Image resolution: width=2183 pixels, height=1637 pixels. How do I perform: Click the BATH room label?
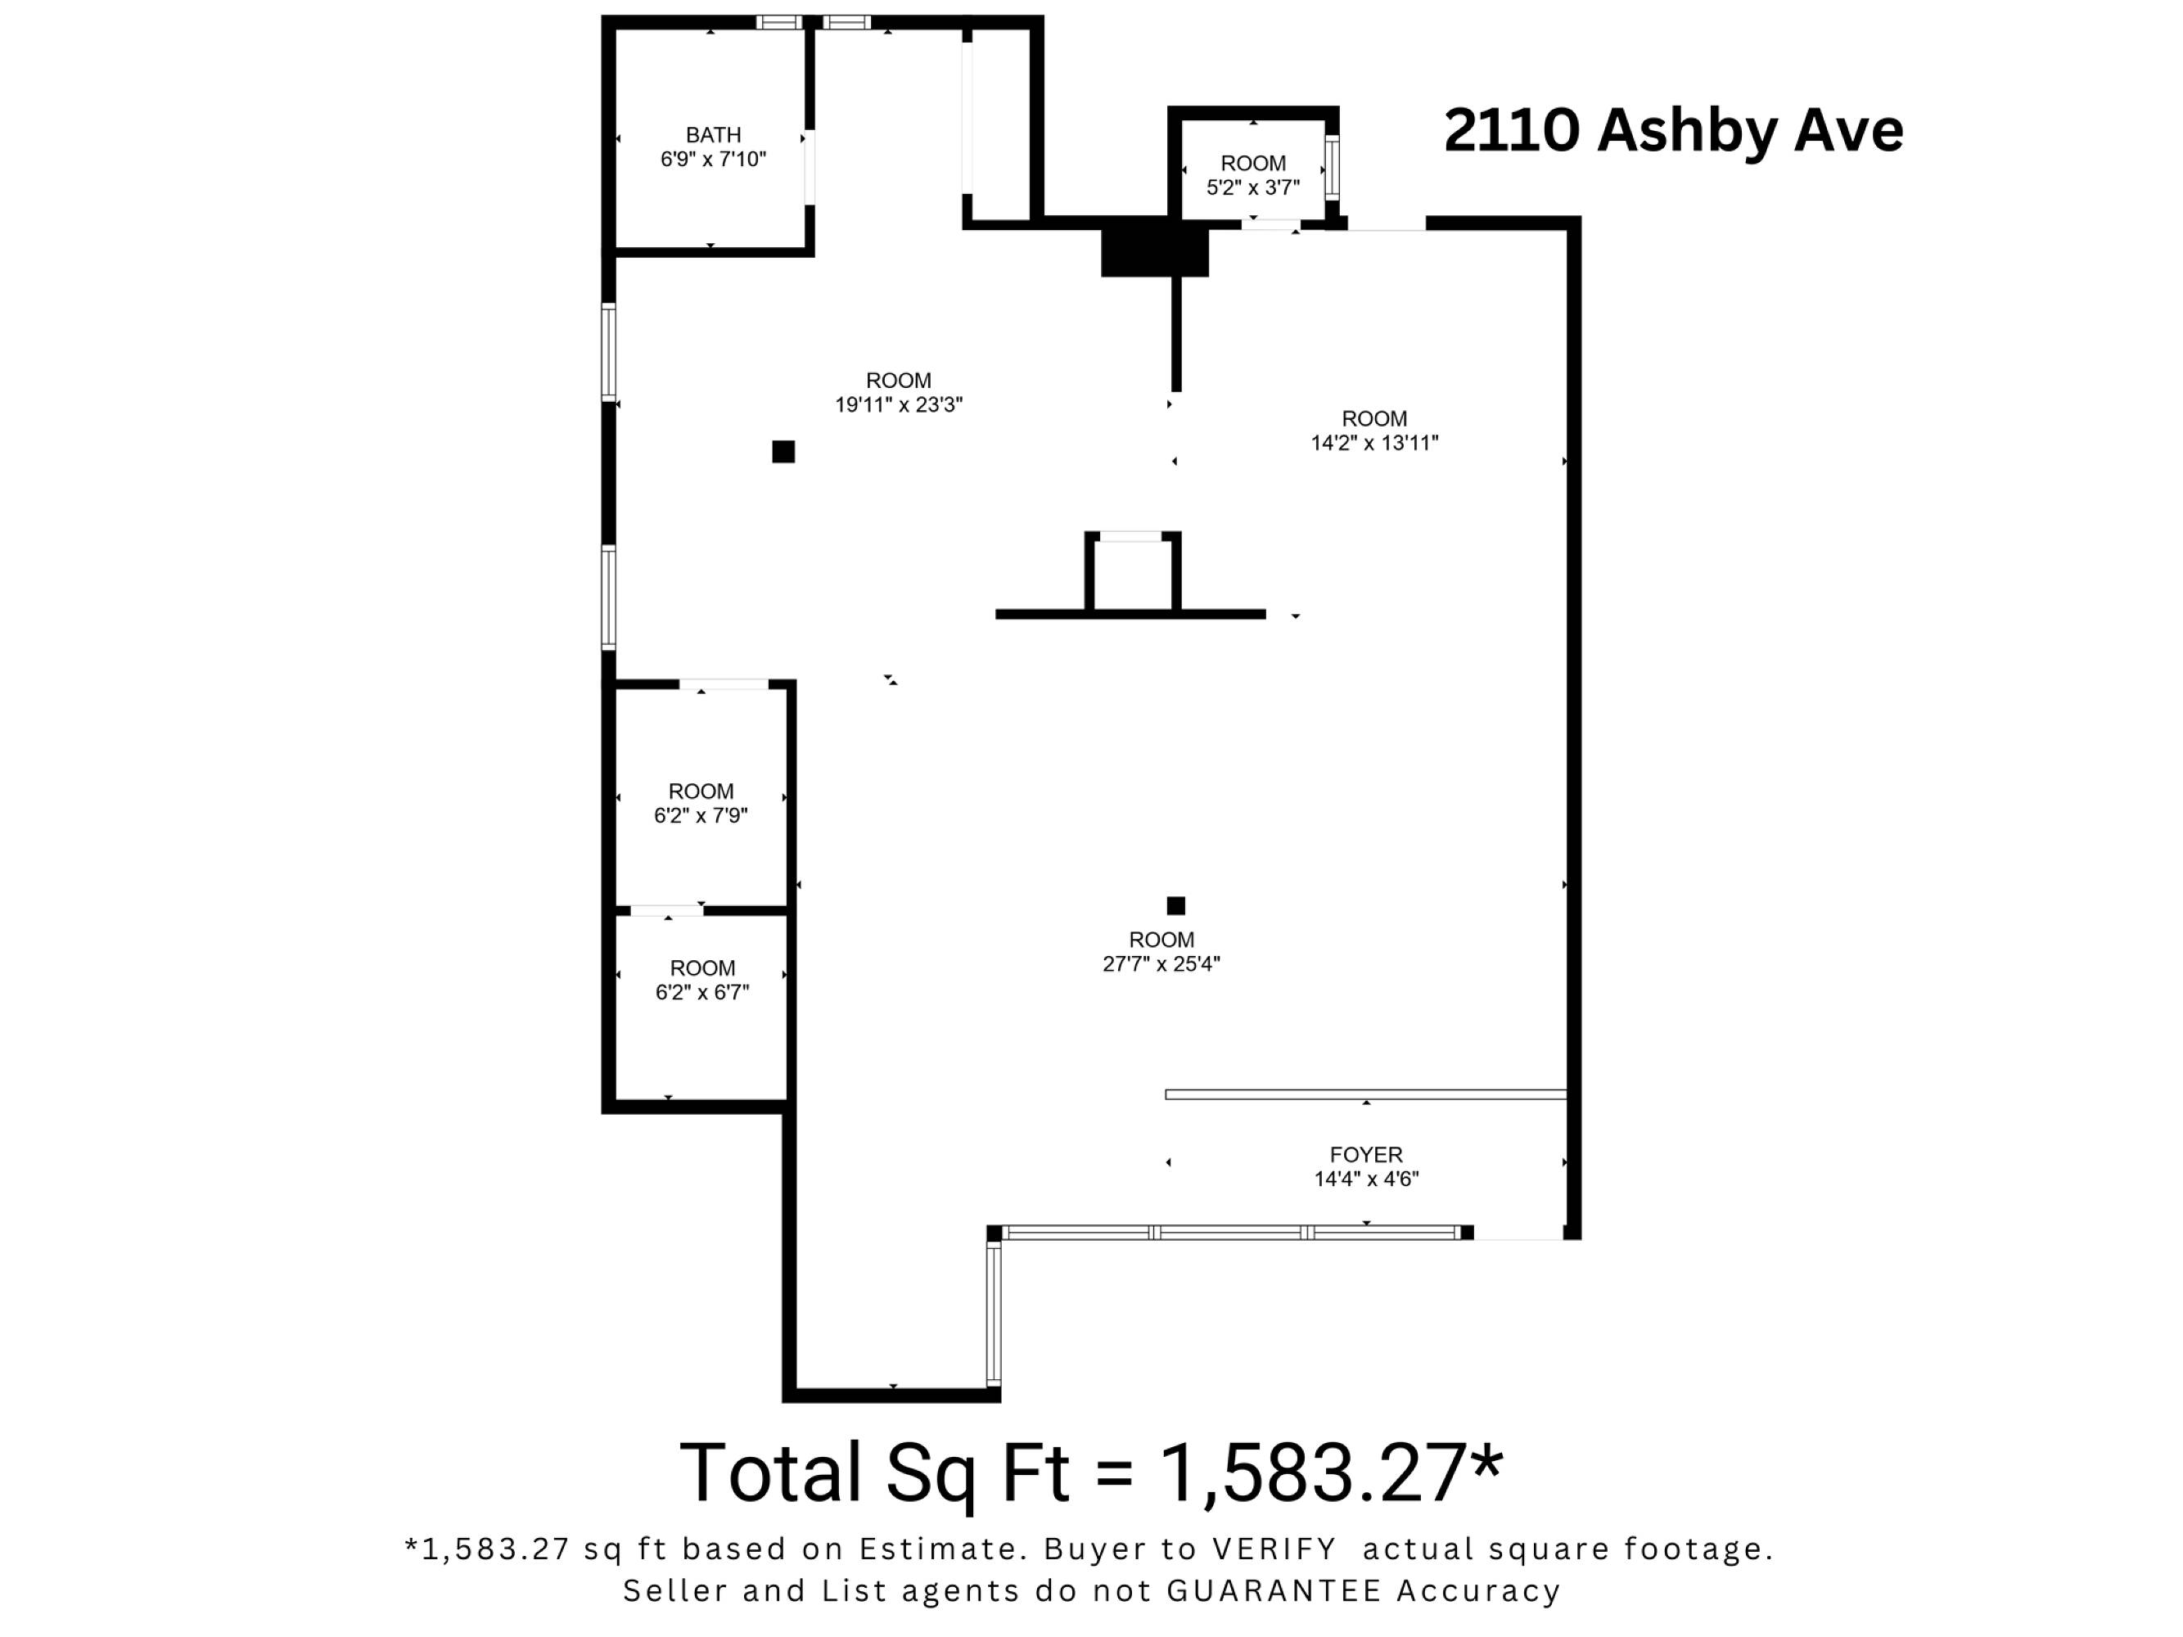(713, 135)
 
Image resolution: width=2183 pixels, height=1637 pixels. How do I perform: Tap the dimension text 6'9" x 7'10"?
(713, 160)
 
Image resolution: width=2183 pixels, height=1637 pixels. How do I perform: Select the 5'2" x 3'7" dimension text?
(1252, 187)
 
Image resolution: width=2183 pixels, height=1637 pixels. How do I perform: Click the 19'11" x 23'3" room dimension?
(898, 404)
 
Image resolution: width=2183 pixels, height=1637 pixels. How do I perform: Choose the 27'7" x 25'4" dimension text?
(1161, 964)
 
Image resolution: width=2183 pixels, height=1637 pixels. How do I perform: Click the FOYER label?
(1366, 1154)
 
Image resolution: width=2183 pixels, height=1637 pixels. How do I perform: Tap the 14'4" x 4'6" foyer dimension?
(1366, 1178)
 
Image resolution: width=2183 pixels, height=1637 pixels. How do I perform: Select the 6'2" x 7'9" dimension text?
(701, 815)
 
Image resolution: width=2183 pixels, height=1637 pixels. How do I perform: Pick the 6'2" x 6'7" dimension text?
(701, 992)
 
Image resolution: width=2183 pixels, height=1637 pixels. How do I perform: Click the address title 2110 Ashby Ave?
(1673, 130)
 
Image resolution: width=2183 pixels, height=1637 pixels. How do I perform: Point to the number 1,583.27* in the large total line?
(1331, 1473)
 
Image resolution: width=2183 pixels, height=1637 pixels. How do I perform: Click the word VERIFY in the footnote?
(1274, 1549)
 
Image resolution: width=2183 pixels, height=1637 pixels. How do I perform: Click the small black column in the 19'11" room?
(783, 452)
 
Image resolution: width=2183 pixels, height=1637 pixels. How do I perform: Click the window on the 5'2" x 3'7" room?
(1333, 168)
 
